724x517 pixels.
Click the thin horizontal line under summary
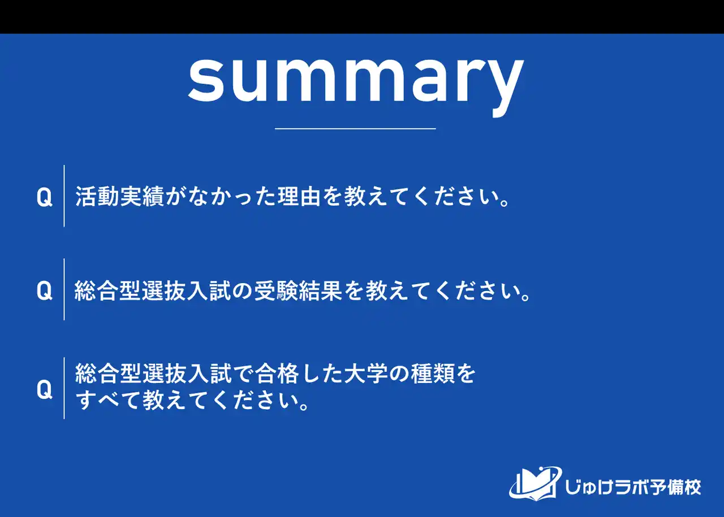pos(355,129)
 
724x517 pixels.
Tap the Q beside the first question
pos(44,197)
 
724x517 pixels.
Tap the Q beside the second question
pos(44,291)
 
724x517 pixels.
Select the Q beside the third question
pos(44,389)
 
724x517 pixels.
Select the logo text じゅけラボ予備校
pos(633,486)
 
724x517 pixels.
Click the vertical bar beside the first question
pos(64,196)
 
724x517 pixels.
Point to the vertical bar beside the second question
pos(64,289)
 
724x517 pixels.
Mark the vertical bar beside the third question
pos(64,388)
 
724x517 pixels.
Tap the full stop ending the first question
pos(505,202)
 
